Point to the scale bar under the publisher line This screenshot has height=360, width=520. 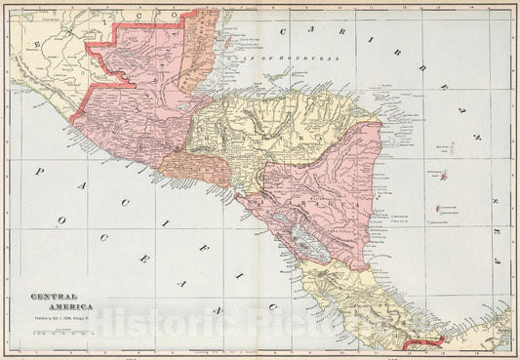[x=58, y=333]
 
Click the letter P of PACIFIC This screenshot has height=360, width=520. [x=39, y=173]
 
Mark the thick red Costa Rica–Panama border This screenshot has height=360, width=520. [x=435, y=340]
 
